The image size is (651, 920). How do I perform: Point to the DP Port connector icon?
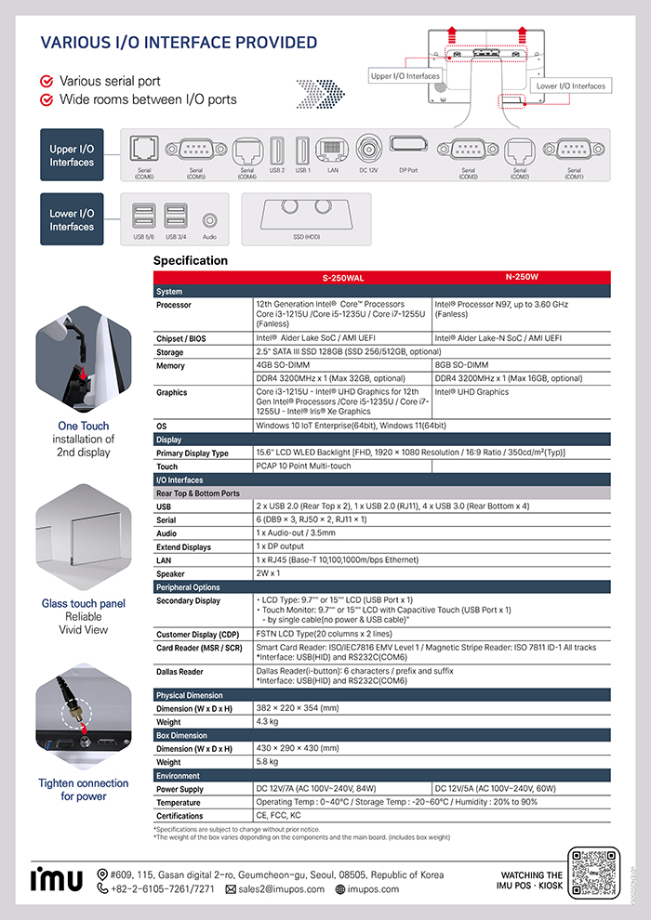(408, 146)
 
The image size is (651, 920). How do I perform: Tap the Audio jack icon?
(209, 221)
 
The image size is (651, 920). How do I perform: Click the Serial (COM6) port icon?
(144, 149)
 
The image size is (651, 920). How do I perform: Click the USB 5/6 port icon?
(144, 216)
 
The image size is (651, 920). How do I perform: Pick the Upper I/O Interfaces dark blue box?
(72, 155)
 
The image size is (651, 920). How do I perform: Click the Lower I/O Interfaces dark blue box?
(72, 219)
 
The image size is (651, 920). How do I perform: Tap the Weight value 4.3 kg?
(268, 722)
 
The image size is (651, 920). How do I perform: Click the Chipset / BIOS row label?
(181, 338)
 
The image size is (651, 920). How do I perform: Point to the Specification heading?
(190, 261)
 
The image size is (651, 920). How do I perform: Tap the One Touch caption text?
(84, 426)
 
